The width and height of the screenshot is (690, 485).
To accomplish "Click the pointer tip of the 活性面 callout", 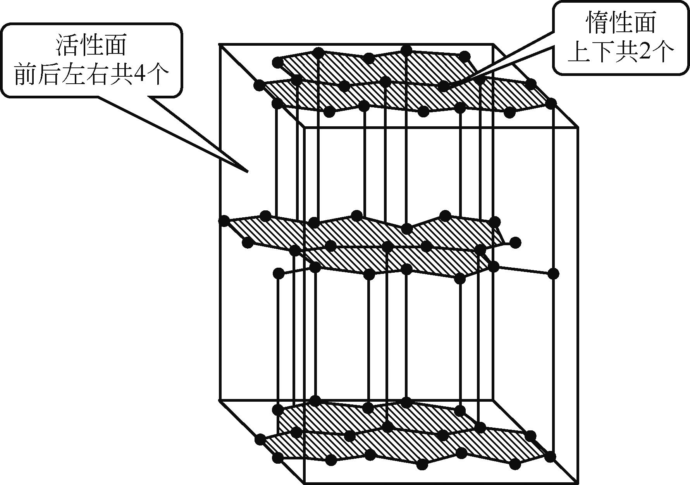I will [247, 171].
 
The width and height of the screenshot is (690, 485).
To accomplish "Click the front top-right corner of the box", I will [578, 127].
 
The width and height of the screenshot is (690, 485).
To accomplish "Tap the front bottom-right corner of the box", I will [578, 483].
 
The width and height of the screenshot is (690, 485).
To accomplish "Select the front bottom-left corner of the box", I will [305, 483].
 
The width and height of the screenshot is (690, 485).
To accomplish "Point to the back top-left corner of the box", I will [220, 45].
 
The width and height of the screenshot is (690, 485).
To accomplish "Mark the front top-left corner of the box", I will [305, 127].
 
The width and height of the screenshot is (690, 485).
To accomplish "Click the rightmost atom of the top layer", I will [551, 103].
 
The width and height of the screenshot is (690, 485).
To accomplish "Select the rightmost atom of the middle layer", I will [554, 273].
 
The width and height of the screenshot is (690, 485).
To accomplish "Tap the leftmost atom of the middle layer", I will [224, 221].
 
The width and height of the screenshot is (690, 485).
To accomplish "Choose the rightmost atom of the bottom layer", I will [551, 457].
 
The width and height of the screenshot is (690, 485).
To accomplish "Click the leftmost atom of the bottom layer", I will [260, 439].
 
